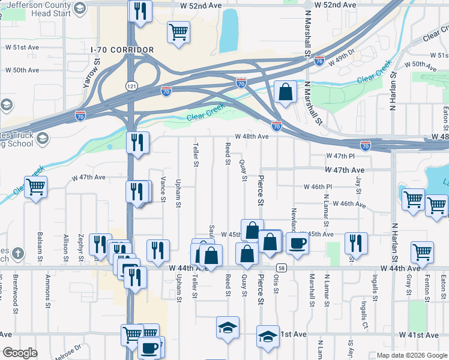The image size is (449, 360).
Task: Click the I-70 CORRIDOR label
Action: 122,50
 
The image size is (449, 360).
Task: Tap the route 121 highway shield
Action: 131,86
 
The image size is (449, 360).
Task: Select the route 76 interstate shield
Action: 319,61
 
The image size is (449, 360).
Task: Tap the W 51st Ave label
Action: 22,47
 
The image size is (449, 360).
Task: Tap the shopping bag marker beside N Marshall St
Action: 285,92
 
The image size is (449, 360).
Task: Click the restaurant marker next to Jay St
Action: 356,243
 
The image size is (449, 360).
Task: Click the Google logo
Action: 20,353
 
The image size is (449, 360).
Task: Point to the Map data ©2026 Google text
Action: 412,355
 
